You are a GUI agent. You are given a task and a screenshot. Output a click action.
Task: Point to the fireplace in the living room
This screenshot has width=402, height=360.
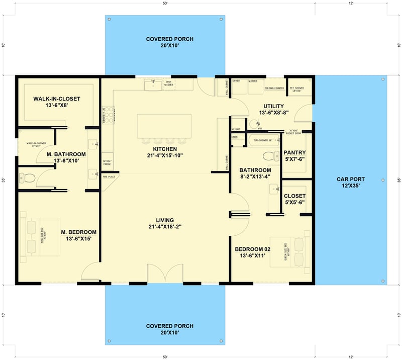[107, 177]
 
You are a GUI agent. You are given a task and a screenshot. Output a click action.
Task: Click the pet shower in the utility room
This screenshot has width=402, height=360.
[297, 88]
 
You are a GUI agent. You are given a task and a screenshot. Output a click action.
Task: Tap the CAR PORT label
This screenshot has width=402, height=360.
[351, 183]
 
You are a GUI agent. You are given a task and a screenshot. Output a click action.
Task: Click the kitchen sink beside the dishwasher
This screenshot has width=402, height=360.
[152, 85]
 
